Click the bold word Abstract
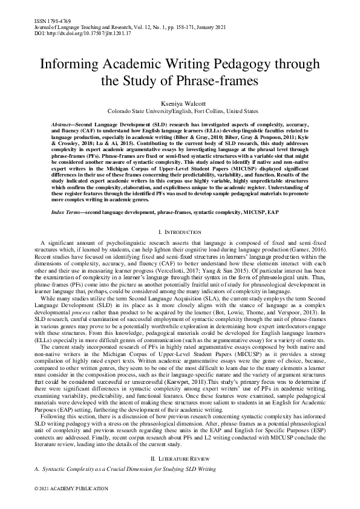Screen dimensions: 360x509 tap(64, 123)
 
